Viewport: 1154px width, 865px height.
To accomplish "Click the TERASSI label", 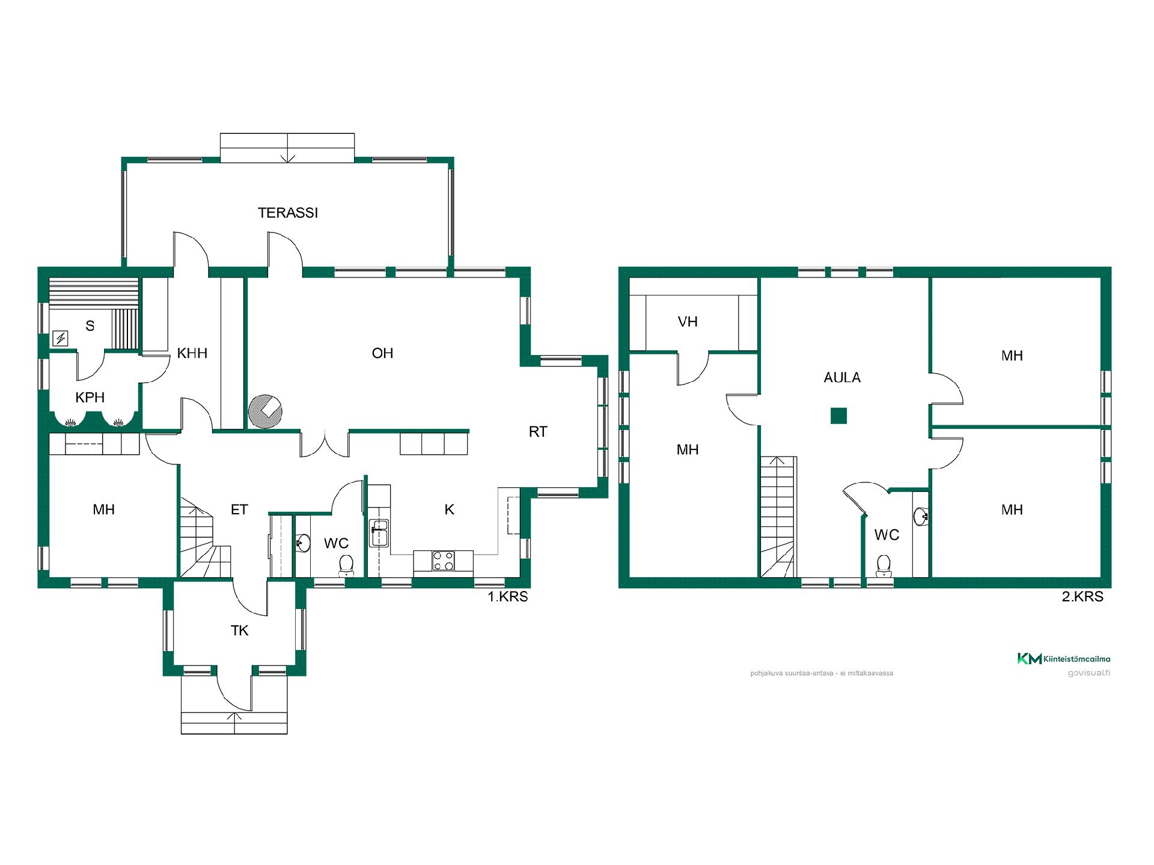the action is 288,213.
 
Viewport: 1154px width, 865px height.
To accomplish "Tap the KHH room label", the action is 192,353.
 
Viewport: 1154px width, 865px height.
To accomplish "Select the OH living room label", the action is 382,353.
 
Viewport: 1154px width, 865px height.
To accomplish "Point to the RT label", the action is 538,432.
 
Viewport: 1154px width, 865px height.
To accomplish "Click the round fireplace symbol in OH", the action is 265,411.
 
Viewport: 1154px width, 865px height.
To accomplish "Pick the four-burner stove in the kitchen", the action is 443,561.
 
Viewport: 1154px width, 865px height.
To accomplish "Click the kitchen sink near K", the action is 379,533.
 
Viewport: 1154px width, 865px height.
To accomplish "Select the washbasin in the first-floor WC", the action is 302,543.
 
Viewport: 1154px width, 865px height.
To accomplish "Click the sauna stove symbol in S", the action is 61,339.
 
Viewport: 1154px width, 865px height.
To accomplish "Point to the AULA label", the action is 842,378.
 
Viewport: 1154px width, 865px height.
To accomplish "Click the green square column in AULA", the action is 838,416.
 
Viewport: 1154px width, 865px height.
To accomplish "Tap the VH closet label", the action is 688,322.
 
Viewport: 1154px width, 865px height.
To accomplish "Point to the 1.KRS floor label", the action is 507,596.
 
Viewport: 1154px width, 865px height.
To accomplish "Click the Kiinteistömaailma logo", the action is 1063,659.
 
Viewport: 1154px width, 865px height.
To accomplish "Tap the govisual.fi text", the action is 1088,673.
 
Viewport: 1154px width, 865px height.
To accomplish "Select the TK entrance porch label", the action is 240,631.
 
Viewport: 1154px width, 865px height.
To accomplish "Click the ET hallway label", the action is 239,510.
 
